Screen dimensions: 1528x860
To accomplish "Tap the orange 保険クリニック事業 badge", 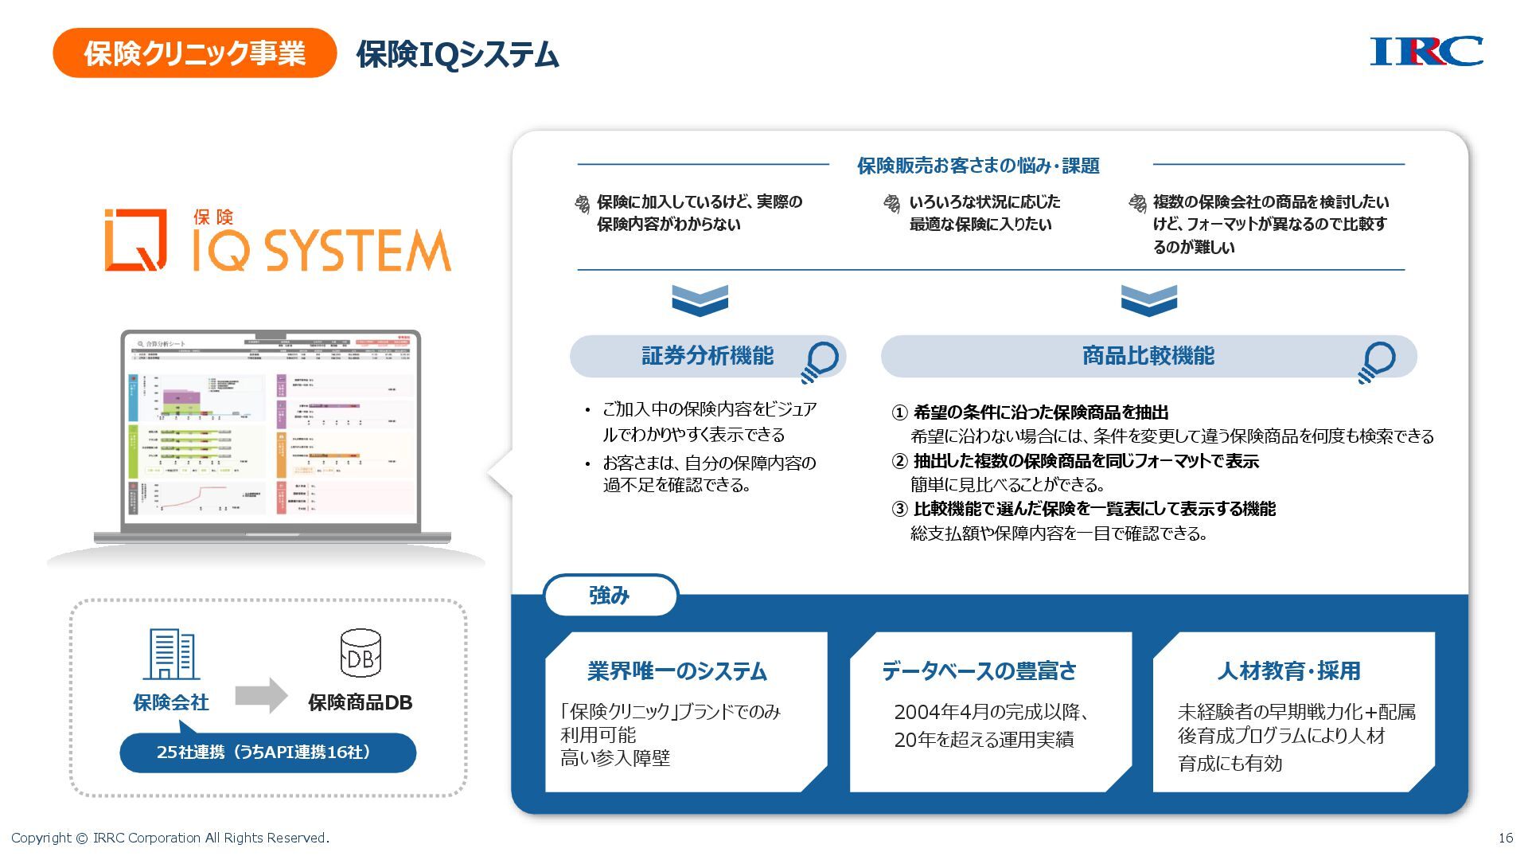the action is [x=194, y=53].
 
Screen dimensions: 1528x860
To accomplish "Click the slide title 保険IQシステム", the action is [x=458, y=55].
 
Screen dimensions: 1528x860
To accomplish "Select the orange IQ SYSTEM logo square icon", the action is [x=136, y=240].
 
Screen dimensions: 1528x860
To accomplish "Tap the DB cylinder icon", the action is [x=361, y=653].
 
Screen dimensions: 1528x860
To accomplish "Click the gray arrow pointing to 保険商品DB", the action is [x=261, y=696].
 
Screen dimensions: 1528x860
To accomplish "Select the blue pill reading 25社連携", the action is [x=267, y=752].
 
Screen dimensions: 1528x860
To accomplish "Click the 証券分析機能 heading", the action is [x=707, y=356].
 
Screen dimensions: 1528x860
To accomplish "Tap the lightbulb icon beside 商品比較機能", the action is [x=1377, y=362].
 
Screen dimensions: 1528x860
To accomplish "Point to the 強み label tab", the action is [x=610, y=596].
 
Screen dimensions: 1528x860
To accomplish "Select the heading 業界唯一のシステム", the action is [x=676, y=671].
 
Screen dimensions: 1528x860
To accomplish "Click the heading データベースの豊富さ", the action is [x=979, y=671].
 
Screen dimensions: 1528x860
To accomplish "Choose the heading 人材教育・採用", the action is [x=1288, y=671].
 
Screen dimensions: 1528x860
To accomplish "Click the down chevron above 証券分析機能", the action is [x=700, y=300].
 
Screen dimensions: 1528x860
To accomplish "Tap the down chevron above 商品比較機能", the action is [x=1148, y=300].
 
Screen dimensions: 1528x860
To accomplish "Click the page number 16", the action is [x=1505, y=838].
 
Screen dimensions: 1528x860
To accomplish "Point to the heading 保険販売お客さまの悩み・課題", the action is [x=978, y=166].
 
